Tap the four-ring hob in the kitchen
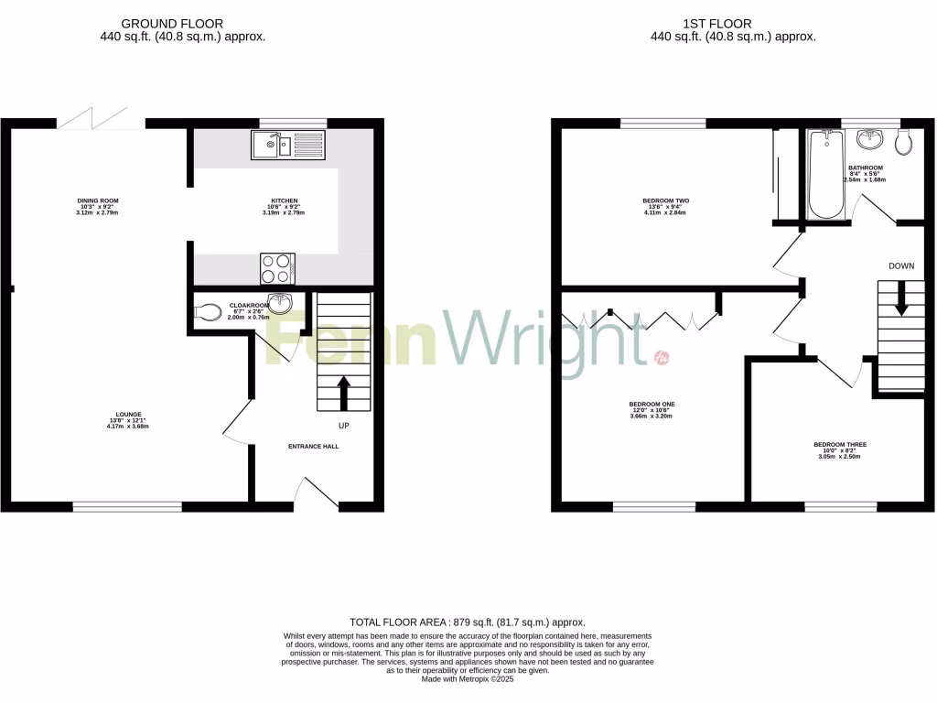click(x=277, y=267)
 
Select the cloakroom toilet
click(x=209, y=312)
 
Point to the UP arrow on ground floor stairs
click(x=344, y=392)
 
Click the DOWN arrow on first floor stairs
click(x=901, y=298)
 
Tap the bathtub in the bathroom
click(x=827, y=174)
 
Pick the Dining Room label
click(x=98, y=200)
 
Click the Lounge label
click(x=128, y=414)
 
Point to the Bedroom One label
click(x=652, y=404)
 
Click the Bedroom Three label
click(x=840, y=445)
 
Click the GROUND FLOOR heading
click(x=184, y=24)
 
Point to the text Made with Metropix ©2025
click(x=467, y=679)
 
